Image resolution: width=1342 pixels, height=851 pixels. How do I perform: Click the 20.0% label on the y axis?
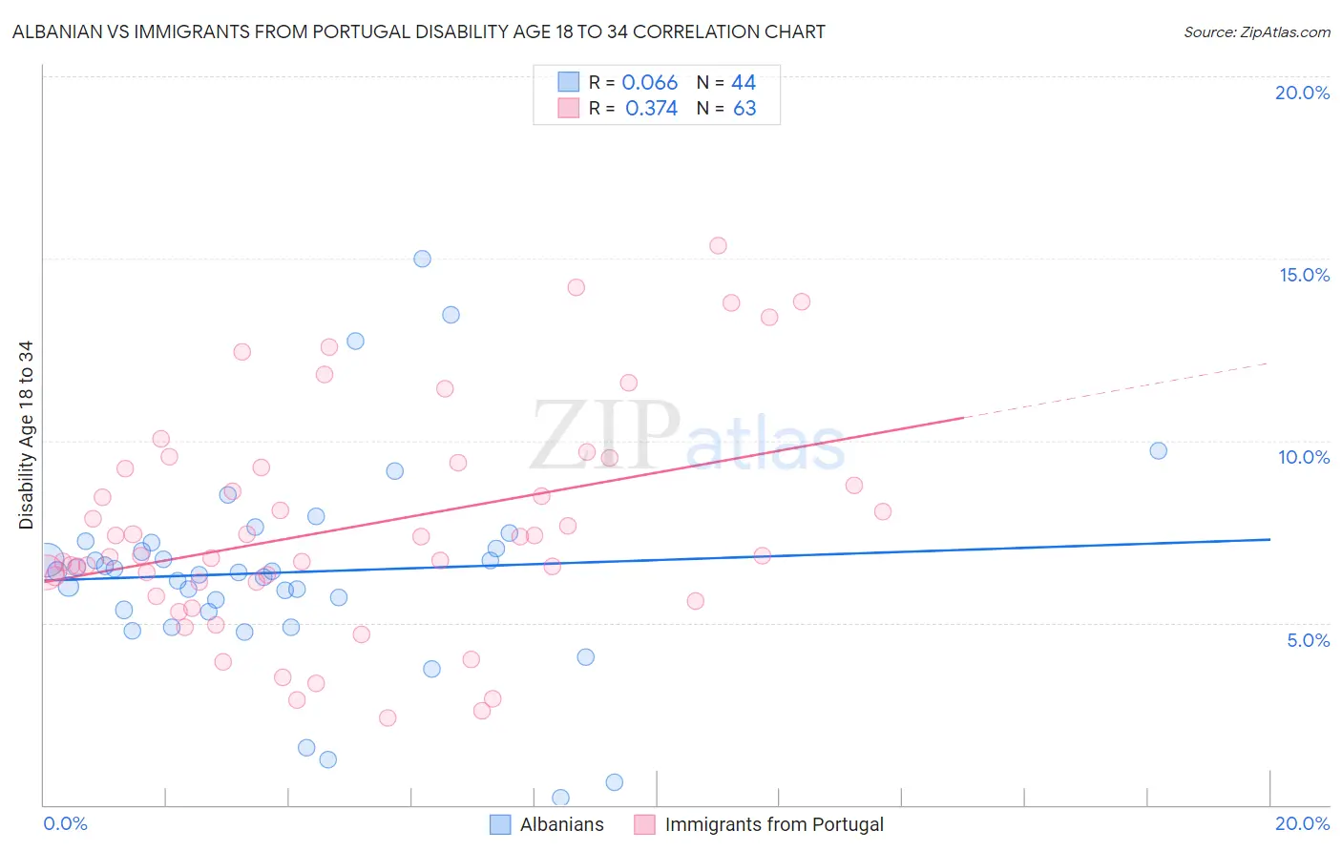tap(1302, 93)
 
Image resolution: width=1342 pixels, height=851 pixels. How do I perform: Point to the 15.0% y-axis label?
tap(1304, 275)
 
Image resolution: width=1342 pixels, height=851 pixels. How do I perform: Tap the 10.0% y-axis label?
tap(1304, 457)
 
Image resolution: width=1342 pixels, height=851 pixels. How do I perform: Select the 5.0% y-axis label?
tap(1308, 640)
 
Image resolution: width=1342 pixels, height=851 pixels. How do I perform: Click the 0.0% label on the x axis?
tap(65, 823)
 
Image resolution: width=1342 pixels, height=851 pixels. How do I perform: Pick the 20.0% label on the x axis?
tap(1302, 823)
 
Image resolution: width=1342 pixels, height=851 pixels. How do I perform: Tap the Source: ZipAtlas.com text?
tap(1256, 31)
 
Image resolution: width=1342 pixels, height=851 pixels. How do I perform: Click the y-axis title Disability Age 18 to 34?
tap(26, 435)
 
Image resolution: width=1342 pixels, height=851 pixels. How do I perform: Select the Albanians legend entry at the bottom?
tap(561, 824)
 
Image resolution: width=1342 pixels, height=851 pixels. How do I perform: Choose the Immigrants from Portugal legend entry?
tap(773, 824)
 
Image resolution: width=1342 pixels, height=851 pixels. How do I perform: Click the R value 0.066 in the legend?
tap(649, 83)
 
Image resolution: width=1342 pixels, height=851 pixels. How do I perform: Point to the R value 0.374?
tap(651, 109)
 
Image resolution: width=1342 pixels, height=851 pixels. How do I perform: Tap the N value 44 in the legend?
tap(744, 83)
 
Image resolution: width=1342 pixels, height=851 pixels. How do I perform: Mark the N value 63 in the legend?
tap(744, 109)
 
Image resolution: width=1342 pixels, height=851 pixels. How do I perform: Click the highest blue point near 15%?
tap(422, 259)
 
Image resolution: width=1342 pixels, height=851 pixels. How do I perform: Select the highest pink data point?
tap(718, 245)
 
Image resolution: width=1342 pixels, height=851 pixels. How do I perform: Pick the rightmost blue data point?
tap(1158, 450)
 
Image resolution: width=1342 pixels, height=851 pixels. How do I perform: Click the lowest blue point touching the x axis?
tap(560, 798)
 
